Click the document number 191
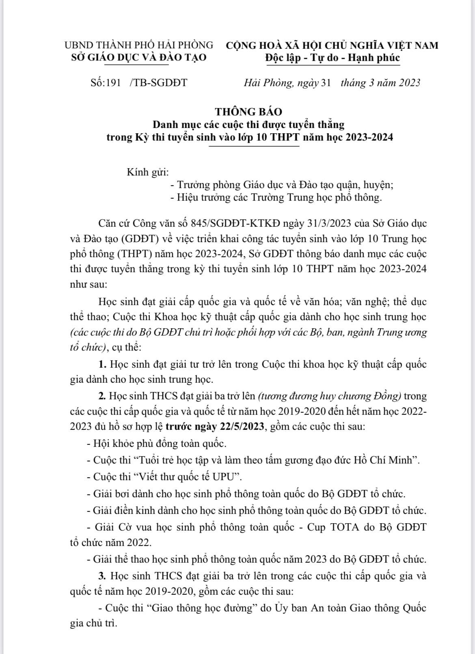113,83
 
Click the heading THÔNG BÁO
248,111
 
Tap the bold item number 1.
102,364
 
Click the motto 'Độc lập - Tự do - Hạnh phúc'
332,58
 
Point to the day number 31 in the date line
326,83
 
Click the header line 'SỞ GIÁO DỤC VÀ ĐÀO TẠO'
138,57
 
